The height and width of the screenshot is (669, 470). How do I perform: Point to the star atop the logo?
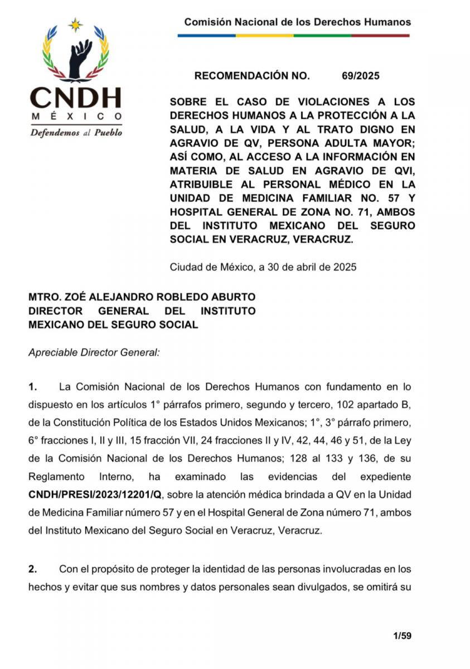[x=75, y=24]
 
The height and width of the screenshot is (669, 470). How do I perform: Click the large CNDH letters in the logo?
[x=75, y=99]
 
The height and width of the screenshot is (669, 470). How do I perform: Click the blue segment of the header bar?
[x=206, y=35]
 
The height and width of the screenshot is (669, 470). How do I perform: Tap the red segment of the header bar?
[x=380, y=35]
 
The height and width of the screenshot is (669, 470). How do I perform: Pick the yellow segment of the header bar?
[x=264, y=35]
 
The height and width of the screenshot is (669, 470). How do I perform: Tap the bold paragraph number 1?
[x=33, y=387]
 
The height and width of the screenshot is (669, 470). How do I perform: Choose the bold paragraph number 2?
[x=33, y=569]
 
